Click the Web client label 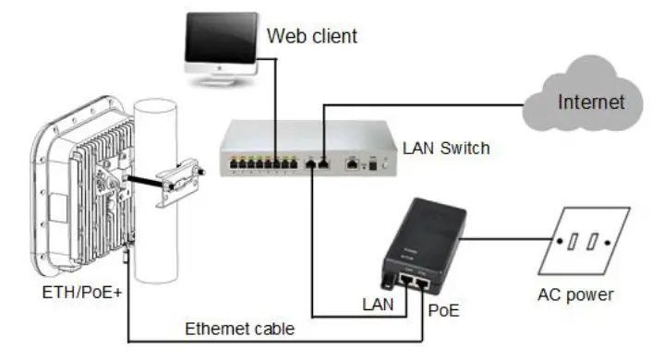(311, 37)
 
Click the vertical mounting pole (160, 231)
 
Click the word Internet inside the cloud (591, 102)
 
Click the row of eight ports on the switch (263, 164)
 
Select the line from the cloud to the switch (416, 106)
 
